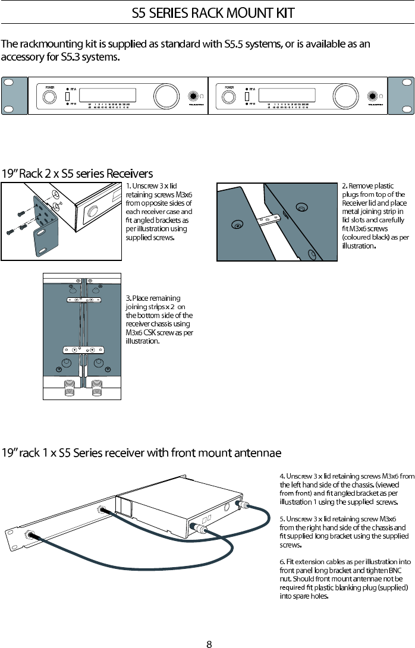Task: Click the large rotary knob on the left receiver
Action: (163, 96)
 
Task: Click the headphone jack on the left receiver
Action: (193, 97)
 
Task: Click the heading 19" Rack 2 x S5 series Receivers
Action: (77, 174)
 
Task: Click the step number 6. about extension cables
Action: (282, 562)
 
